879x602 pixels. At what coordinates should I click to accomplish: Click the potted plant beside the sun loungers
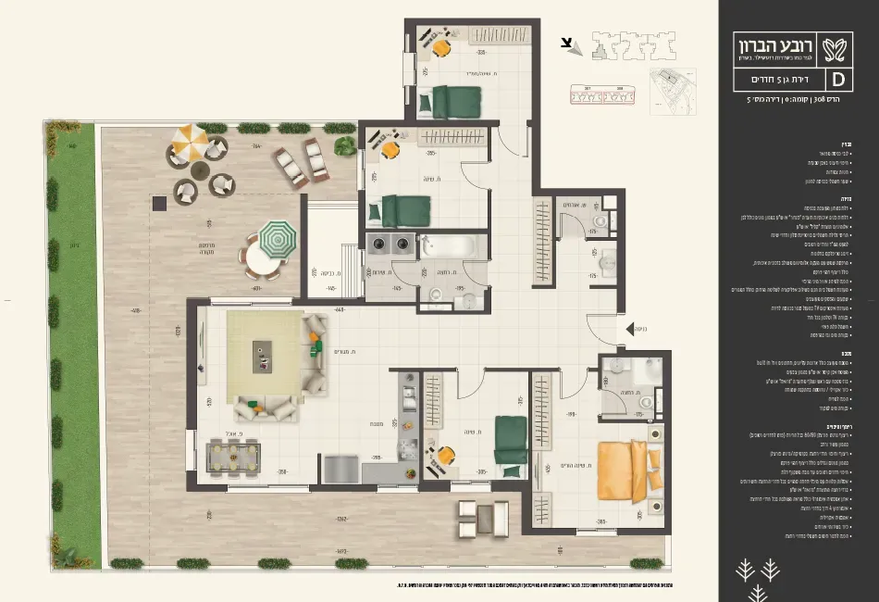345,145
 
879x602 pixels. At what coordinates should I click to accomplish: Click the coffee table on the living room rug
263,352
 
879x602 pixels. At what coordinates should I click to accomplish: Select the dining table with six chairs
232,456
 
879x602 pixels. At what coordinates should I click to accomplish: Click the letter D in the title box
840,81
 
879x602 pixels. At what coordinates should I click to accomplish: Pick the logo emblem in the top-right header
839,46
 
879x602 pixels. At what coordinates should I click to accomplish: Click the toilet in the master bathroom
645,402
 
